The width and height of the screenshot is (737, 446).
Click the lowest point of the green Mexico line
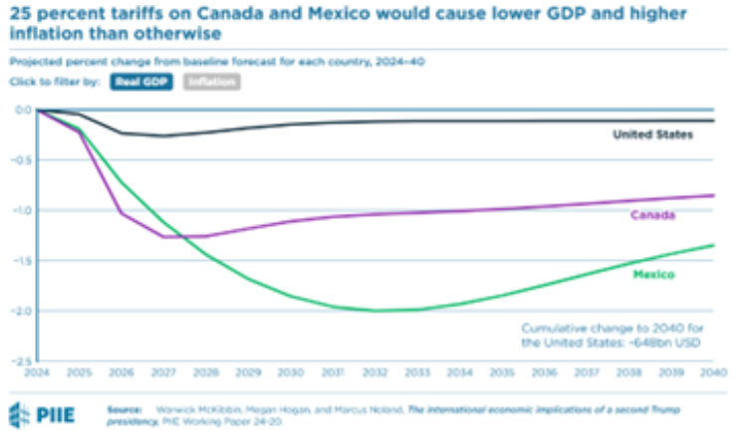pos(378,311)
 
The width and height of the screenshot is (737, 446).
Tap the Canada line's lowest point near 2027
pos(164,237)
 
